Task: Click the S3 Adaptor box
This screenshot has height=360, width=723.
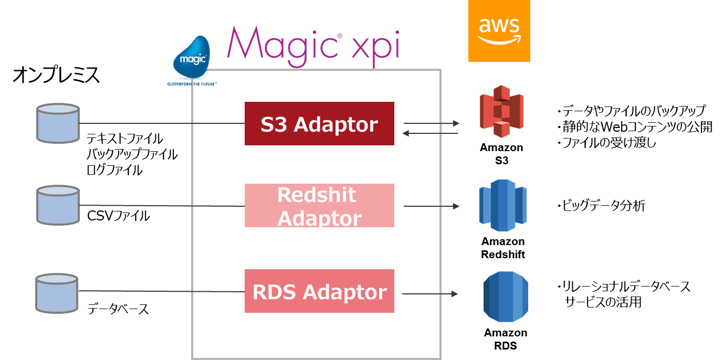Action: point(319,124)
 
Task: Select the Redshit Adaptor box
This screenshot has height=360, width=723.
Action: point(319,205)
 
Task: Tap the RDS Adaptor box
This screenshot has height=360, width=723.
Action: point(319,291)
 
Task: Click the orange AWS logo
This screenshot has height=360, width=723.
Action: point(499,31)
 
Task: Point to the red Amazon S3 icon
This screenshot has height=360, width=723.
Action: point(501,111)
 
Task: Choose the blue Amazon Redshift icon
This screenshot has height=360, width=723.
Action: point(502,205)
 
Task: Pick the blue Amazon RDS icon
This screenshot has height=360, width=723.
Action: point(506,297)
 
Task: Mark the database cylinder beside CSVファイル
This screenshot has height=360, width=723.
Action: point(57,205)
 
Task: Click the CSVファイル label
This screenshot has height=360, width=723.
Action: point(119,215)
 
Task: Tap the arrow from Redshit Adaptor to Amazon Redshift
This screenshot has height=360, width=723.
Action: point(431,207)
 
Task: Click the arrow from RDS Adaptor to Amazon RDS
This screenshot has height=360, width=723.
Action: point(431,294)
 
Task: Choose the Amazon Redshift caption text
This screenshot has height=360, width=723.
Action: point(503,248)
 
